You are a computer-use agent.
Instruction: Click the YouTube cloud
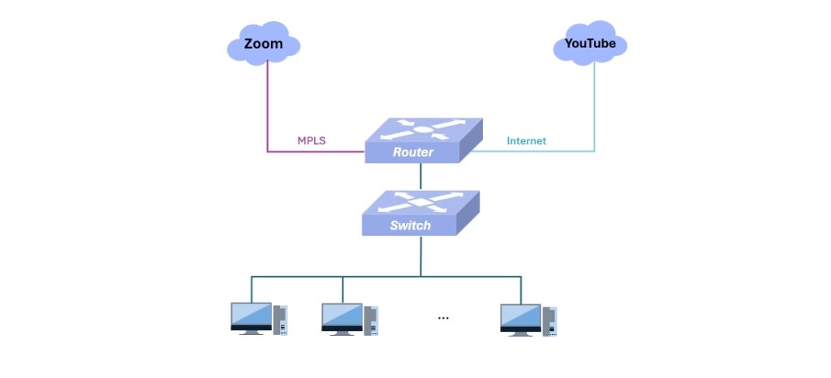pyautogui.click(x=590, y=43)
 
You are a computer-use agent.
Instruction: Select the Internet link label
pyautogui.click(x=527, y=141)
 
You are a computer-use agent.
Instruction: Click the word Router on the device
pyautogui.click(x=413, y=152)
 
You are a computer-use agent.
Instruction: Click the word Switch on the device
pyautogui.click(x=410, y=225)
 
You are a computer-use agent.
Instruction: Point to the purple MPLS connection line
pyautogui.click(x=268, y=114)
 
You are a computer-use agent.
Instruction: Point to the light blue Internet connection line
pyautogui.click(x=594, y=114)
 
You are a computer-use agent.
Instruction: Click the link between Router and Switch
pyautogui.click(x=421, y=176)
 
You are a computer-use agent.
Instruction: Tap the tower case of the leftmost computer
pyautogui.click(x=280, y=320)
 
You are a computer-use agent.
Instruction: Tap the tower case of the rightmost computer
pyautogui.click(x=549, y=320)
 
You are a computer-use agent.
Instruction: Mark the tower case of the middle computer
pyautogui.click(x=371, y=320)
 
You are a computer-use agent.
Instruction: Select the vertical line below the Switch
pyautogui.click(x=421, y=256)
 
